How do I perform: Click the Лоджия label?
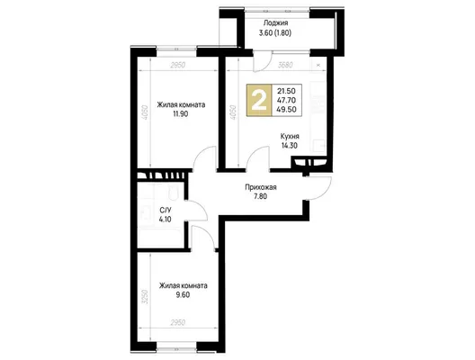pyautogui.click(x=275, y=23)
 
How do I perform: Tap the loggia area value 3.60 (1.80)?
pyautogui.click(x=275, y=32)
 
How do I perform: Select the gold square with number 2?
pyautogui.click(x=259, y=100)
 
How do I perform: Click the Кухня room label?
pyautogui.click(x=290, y=136)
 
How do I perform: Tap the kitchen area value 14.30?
pyautogui.click(x=290, y=146)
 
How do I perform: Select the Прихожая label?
pyautogui.click(x=261, y=187)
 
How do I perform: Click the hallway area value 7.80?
pyautogui.click(x=261, y=196)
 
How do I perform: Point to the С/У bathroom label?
pyautogui.click(x=166, y=210)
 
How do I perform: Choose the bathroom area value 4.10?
pyautogui.click(x=166, y=219)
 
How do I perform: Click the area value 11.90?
pyautogui.click(x=181, y=114)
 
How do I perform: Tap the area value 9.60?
pyautogui.click(x=183, y=295)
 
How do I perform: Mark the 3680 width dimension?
pyautogui.click(x=285, y=65)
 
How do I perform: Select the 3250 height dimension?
pyautogui.click(x=146, y=297)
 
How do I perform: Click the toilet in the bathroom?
pyautogui.click(x=173, y=191)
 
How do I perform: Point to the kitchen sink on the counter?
pyautogui.click(x=319, y=145)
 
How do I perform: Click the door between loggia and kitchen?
pyautogui.click(x=263, y=61)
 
